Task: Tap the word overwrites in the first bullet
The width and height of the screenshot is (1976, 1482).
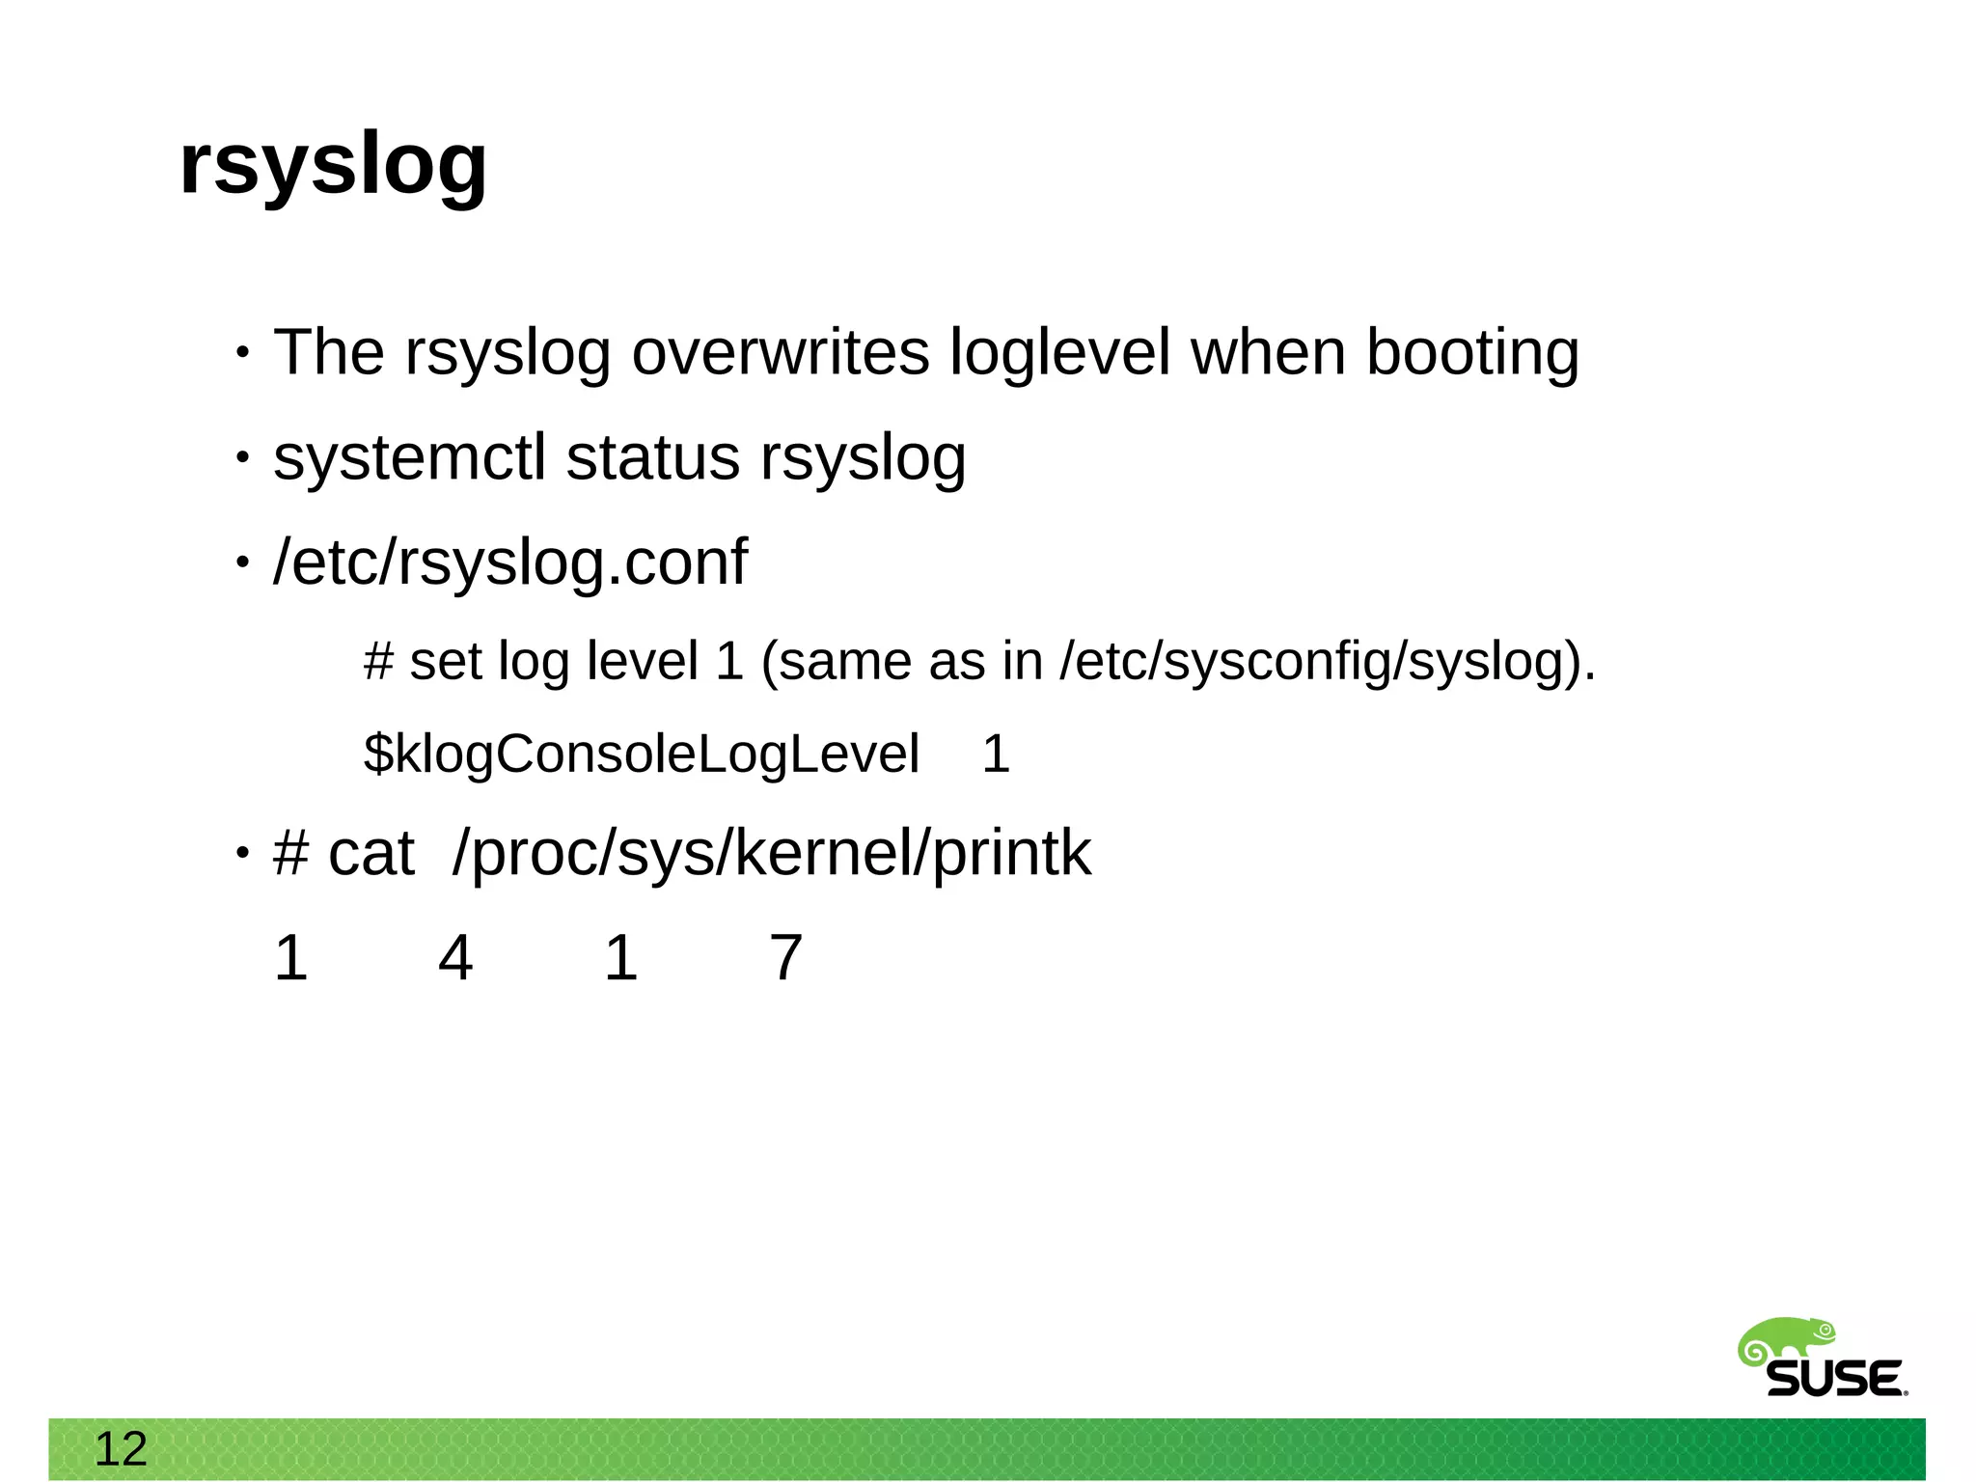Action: [780, 352]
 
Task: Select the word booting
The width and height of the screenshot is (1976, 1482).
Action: [1472, 354]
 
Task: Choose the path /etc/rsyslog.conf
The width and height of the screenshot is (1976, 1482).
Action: [510, 563]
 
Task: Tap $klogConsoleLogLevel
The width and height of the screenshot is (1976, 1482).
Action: [642, 754]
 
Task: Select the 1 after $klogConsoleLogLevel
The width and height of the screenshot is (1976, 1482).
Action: [996, 754]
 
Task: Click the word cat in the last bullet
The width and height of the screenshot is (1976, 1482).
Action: [371, 854]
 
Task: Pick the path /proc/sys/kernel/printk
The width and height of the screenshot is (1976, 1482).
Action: [772, 854]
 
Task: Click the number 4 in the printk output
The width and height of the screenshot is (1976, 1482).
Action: [455, 958]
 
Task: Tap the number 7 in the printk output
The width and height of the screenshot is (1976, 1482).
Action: [785, 958]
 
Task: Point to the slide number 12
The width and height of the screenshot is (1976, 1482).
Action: [121, 1449]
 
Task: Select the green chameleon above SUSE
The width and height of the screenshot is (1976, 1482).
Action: [1785, 1341]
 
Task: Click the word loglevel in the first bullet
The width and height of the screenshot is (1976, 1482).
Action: [1059, 352]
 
